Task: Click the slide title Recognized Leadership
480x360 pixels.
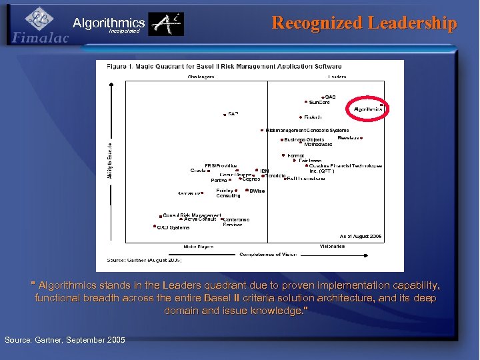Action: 365,23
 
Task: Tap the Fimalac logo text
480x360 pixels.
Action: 40,38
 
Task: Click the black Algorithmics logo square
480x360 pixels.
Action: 165,25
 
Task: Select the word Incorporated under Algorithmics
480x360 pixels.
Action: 125,31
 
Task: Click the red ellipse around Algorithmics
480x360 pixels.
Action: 367,109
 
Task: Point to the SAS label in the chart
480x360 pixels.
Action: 330,97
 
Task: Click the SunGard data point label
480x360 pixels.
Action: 319,103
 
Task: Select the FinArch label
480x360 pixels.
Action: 313,117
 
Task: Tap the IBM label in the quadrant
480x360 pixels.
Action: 264,171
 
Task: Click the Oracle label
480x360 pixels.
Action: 198,171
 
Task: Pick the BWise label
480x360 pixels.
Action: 257,191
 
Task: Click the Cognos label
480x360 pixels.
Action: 251,179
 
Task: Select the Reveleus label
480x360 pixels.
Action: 349,138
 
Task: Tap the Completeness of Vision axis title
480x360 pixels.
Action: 269,254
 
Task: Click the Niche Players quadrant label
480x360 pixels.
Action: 199,247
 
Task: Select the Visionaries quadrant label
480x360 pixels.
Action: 332,247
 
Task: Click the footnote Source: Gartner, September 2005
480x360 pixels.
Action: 65,340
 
